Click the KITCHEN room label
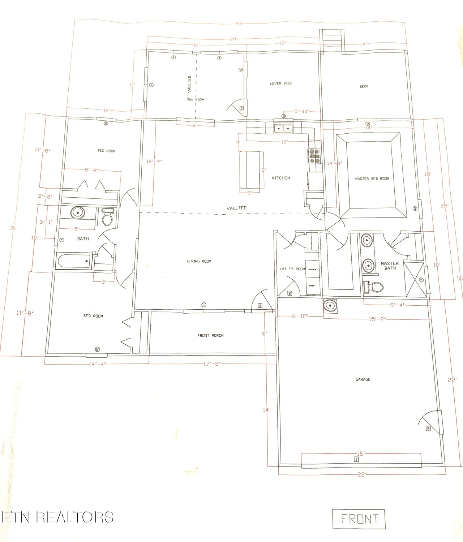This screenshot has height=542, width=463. click(x=281, y=178)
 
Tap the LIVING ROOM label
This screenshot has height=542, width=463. click(x=199, y=261)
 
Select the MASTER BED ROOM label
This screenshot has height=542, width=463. click(x=372, y=178)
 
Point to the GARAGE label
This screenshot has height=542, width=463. click(x=363, y=379)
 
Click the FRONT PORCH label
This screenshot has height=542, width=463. click(x=210, y=336)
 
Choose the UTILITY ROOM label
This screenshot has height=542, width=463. click(x=292, y=269)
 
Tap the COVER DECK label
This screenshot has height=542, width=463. click(x=281, y=83)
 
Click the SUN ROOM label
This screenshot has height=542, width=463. click(x=195, y=99)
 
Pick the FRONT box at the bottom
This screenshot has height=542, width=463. click(x=359, y=519)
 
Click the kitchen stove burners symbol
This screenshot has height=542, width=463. click(x=314, y=156)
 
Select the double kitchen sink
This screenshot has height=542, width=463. click(x=283, y=128)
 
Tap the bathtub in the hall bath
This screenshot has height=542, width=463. click(x=74, y=261)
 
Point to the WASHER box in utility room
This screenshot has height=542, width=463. click(x=312, y=269)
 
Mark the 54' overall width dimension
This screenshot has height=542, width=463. click(x=240, y=24)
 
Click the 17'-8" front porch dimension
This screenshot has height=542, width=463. click(x=212, y=364)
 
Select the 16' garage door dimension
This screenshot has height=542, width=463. click(x=360, y=454)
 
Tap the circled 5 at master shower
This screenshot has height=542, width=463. click(x=421, y=280)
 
